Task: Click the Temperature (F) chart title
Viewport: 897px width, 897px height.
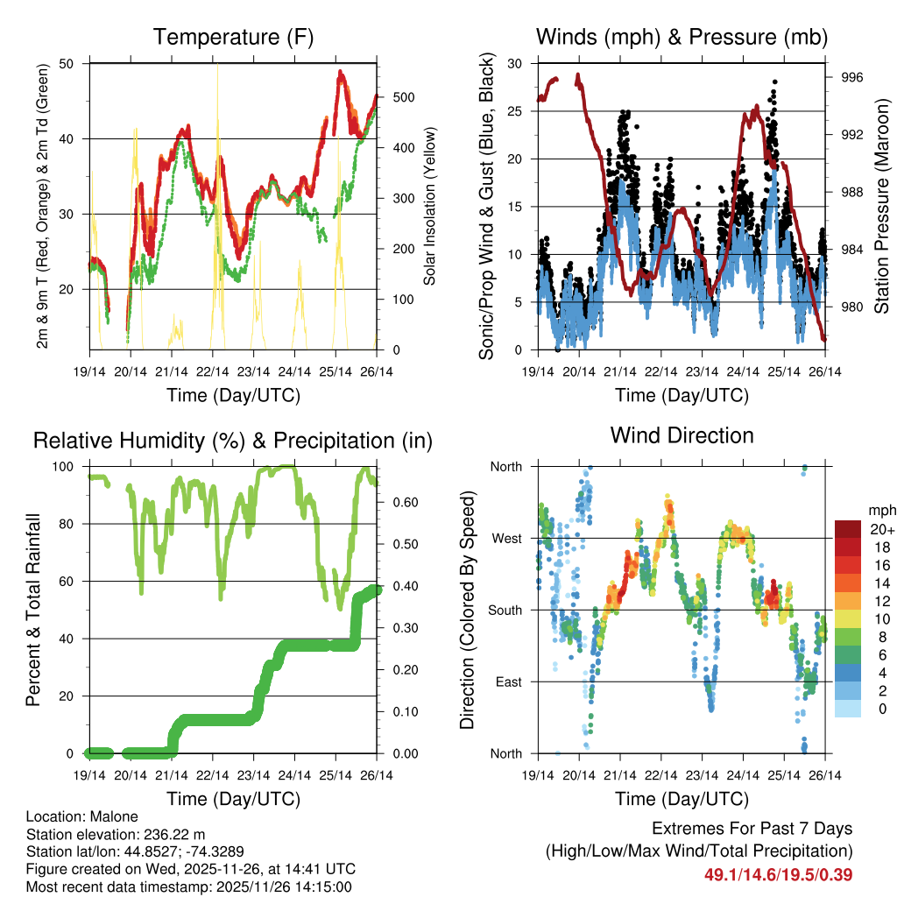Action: (233, 37)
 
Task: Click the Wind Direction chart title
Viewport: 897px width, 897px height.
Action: (682, 434)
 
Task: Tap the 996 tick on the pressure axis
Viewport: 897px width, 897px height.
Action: (853, 77)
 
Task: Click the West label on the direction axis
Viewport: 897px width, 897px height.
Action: (505, 538)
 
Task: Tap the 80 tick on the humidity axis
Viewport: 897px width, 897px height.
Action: (74, 524)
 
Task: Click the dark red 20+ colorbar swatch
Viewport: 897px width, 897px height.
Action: (848, 528)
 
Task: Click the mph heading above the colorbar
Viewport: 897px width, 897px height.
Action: (879, 510)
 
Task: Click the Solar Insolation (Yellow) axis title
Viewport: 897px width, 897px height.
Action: (430, 206)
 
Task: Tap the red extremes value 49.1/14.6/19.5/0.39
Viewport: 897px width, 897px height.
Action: (778, 874)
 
